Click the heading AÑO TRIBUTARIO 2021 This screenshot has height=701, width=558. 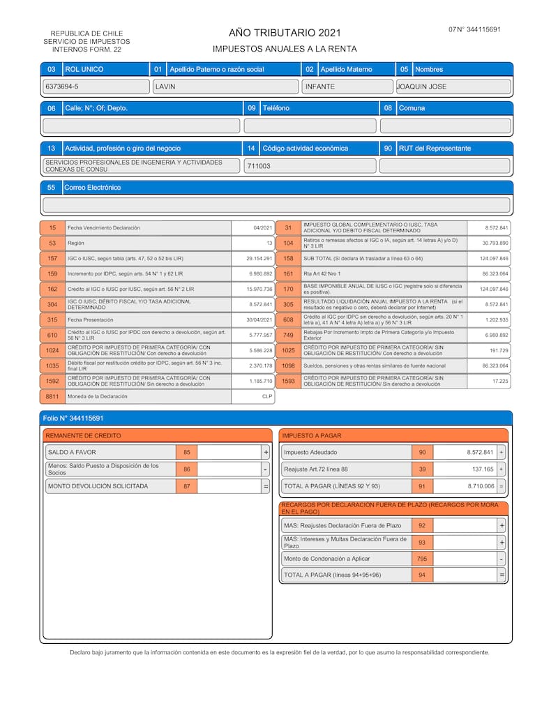coord(285,33)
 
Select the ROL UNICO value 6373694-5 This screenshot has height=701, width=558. coord(61,86)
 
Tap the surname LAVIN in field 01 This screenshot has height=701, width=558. coord(165,86)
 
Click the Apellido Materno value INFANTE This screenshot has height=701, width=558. coord(320,86)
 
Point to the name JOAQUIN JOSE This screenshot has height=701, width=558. coord(421,86)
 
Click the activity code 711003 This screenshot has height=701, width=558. coord(259,166)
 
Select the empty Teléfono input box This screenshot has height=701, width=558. coord(310,126)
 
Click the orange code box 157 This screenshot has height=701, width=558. coord(52,258)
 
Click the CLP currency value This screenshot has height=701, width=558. coord(266,396)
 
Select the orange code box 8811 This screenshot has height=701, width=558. coord(52,396)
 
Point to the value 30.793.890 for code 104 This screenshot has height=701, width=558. coord(495,243)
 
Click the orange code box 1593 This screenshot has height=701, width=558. coord(288,381)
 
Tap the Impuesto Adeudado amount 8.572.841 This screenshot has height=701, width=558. coord(480,452)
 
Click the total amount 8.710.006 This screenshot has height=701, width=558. coord(481,485)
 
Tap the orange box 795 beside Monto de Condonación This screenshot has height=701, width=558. coord(421,559)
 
